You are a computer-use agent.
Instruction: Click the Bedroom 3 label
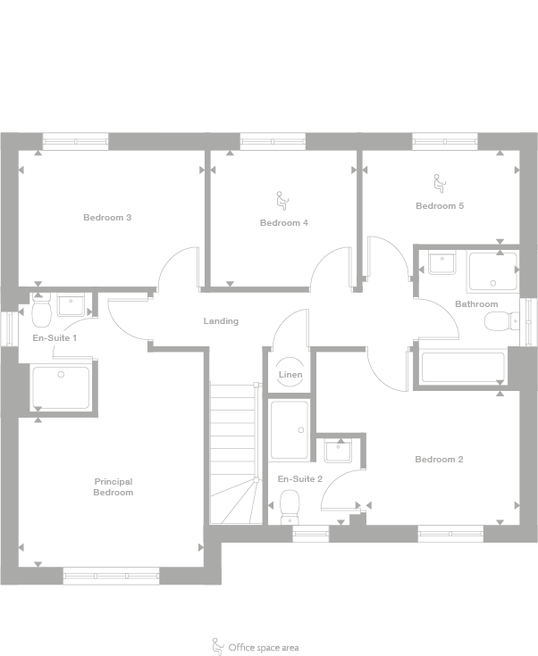[107, 218]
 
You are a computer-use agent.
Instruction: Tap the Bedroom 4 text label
[284, 222]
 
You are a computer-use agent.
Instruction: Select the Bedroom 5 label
[440, 206]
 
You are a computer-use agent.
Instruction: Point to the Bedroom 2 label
[439, 460]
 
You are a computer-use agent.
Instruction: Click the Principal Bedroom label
[113, 487]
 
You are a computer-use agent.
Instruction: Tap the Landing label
[221, 321]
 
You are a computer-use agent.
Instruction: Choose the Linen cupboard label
[290, 375]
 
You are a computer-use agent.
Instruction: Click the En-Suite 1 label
[55, 338]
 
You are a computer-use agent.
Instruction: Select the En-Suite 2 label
[300, 479]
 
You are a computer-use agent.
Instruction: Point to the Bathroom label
[475, 304]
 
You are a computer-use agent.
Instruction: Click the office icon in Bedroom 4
[281, 200]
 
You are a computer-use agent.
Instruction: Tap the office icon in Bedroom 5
[439, 183]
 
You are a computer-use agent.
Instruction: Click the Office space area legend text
[263, 647]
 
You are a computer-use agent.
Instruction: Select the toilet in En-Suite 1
[41, 313]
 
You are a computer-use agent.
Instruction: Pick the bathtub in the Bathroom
[463, 368]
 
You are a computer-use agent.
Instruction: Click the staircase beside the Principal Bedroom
[234, 451]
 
